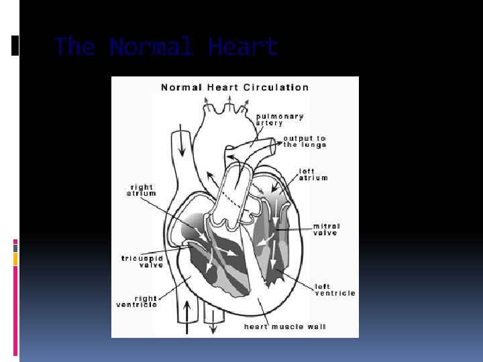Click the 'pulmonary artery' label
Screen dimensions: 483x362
click(280, 119)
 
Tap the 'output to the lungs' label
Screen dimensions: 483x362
click(305, 141)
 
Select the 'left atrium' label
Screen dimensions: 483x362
click(313, 174)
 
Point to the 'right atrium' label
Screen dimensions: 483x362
click(141, 190)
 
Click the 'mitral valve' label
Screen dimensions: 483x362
click(327, 230)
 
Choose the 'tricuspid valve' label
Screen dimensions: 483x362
click(142, 261)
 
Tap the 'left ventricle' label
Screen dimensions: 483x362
click(335, 290)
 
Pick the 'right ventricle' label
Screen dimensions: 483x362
click(137, 302)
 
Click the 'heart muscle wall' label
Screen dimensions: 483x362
click(285, 327)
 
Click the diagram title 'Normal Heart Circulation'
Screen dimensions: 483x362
click(235, 87)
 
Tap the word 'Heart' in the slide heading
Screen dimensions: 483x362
click(242, 48)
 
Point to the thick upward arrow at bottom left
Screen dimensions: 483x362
click(187, 315)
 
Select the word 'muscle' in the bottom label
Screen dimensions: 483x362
click(286, 327)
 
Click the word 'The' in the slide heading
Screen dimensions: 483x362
click(75, 48)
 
